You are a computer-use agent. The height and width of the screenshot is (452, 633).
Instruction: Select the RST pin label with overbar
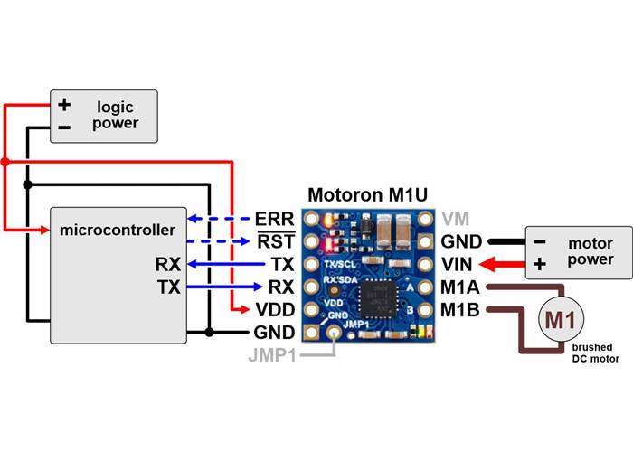[x=276, y=242]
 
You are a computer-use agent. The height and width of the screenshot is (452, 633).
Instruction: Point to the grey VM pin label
[x=455, y=219]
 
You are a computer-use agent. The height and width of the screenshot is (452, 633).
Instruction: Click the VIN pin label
[x=458, y=265]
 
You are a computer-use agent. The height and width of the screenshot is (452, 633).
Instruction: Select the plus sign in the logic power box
[x=64, y=105]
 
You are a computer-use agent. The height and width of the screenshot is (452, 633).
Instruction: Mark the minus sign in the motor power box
[x=539, y=241]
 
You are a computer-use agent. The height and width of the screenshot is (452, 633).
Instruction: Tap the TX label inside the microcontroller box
[x=167, y=287]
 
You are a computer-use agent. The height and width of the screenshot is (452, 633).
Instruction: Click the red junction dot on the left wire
[x=5, y=162]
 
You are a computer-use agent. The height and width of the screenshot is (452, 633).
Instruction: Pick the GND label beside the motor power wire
[x=460, y=242]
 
